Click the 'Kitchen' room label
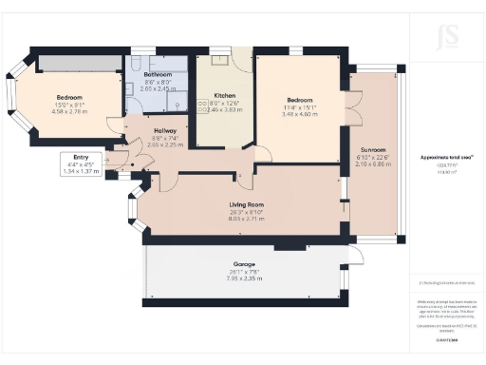point(224,96)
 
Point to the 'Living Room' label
point(246,204)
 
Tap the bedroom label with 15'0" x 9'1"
point(68,98)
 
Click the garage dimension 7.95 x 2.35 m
point(247,279)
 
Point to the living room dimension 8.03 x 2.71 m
point(246,219)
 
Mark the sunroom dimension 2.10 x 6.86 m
point(373,164)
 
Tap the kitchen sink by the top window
point(217,61)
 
